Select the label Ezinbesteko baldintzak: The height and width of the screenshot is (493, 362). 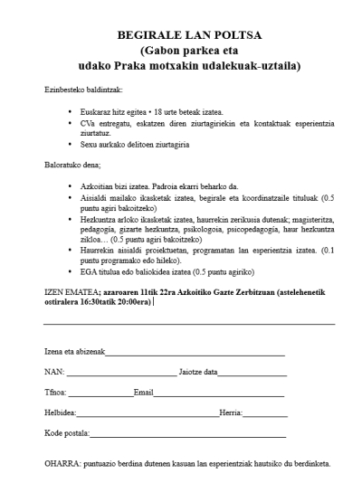(x=83, y=91)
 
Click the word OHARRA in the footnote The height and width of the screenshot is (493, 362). (x=62, y=467)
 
